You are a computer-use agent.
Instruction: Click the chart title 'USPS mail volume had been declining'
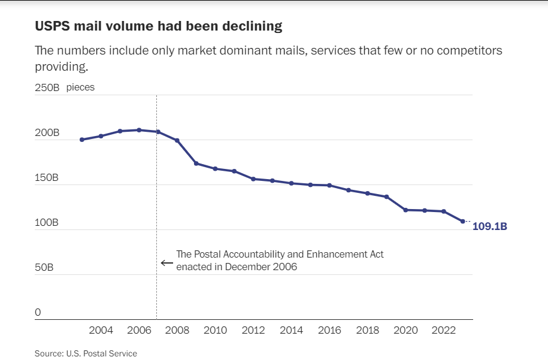[x=158, y=26]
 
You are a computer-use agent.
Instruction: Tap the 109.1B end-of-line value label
[x=489, y=227]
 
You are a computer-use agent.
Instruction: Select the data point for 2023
[x=462, y=222]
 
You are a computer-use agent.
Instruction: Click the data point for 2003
[x=82, y=140]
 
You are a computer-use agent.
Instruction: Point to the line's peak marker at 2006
[x=139, y=129]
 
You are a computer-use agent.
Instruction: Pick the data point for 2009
[x=196, y=164]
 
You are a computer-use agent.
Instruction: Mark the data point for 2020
[x=405, y=210]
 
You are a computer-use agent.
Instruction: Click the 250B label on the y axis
[x=47, y=87]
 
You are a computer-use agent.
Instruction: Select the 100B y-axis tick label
[x=47, y=223]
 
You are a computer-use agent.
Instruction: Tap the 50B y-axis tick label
[x=44, y=268]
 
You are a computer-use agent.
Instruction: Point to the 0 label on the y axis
[x=38, y=313]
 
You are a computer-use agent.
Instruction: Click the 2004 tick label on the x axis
[x=101, y=331]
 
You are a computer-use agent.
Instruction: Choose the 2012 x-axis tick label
[x=253, y=331]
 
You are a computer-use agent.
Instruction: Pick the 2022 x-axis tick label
[x=444, y=331]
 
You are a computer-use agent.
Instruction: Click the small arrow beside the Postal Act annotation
[x=166, y=262]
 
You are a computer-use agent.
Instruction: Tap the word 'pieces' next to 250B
[x=80, y=87]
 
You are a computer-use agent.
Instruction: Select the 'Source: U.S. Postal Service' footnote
[x=86, y=353]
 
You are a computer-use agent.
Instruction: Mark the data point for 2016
[x=329, y=185]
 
